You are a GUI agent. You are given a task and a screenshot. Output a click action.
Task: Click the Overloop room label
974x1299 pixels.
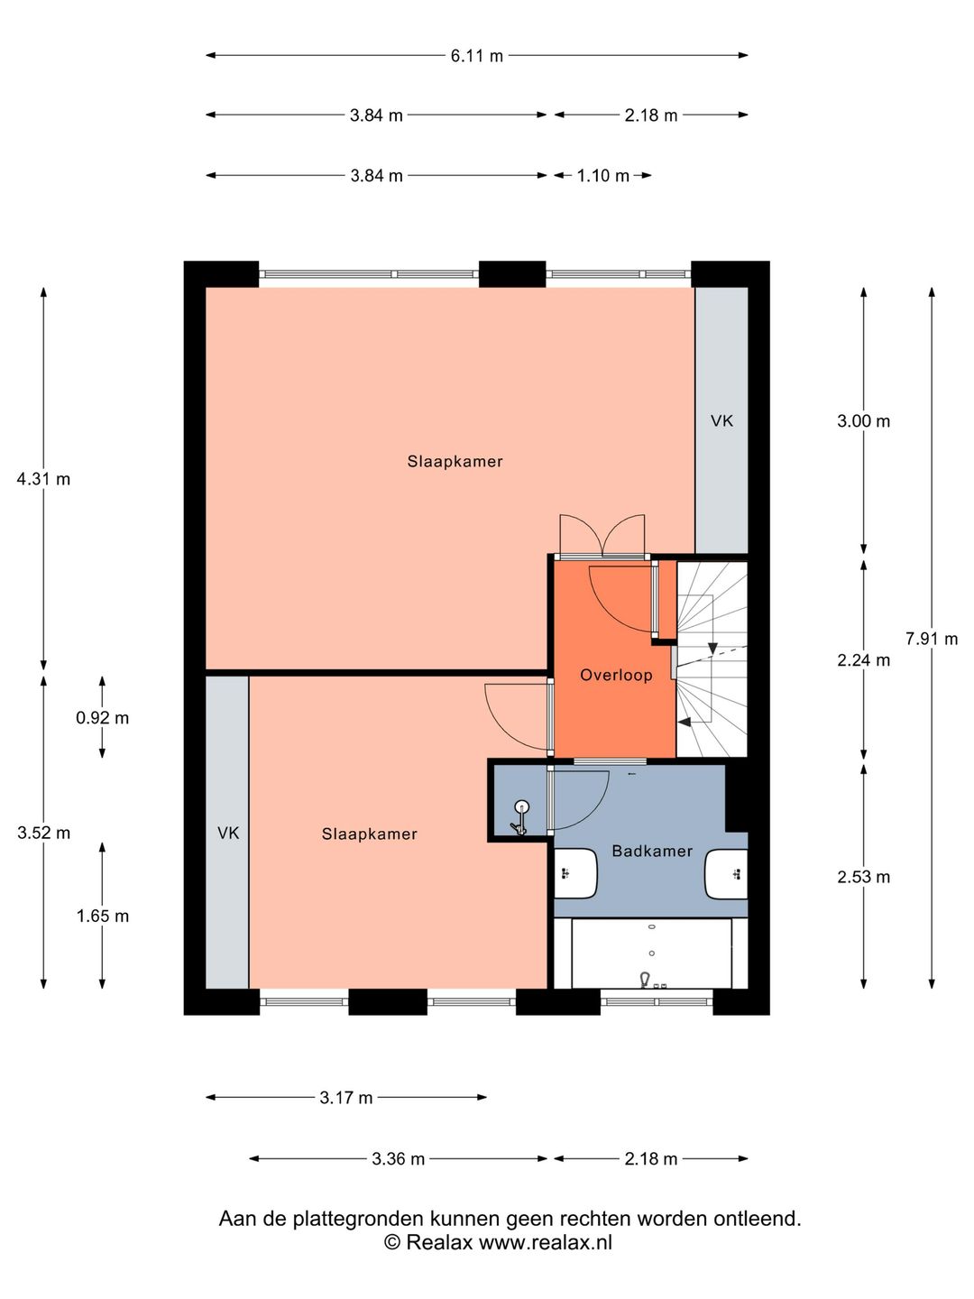(x=616, y=676)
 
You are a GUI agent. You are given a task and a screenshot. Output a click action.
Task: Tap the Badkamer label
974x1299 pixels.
(x=652, y=851)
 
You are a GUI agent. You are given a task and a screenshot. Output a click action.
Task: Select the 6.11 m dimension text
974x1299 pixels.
(x=477, y=56)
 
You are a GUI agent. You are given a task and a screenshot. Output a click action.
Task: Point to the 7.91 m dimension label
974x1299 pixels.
(x=932, y=639)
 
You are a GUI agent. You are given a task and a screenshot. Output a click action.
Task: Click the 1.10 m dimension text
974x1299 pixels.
(x=602, y=176)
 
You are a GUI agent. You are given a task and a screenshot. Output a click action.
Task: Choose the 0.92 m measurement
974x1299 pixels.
(x=102, y=718)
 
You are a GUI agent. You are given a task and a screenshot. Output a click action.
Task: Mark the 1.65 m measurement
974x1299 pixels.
(x=102, y=917)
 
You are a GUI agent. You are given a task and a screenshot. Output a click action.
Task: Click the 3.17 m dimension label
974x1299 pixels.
(x=346, y=1098)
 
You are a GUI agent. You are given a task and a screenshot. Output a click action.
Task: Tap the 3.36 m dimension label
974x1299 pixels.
(x=398, y=1159)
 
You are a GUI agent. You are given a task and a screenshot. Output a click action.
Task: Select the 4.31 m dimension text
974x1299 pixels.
(x=43, y=479)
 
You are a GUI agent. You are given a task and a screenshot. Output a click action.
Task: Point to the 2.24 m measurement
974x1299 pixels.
(x=863, y=659)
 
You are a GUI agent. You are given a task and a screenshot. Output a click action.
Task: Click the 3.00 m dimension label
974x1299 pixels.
(x=863, y=421)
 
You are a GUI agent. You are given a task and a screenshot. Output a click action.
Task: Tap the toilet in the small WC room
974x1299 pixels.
(x=519, y=817)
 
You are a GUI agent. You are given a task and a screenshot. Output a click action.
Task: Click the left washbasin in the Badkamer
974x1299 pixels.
(x=576, y=873)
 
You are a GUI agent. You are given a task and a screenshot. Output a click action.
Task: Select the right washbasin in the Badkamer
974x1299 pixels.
(x=726, y=873)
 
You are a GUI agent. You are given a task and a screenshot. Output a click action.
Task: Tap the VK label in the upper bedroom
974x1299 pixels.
(x=721, y=420)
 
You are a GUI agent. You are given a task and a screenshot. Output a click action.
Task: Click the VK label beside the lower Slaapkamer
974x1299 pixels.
(x=228, y=834)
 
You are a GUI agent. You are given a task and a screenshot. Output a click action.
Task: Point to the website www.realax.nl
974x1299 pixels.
(x=546, y=1241)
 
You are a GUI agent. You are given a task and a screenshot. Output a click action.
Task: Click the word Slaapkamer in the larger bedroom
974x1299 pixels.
(x=455, y=462)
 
